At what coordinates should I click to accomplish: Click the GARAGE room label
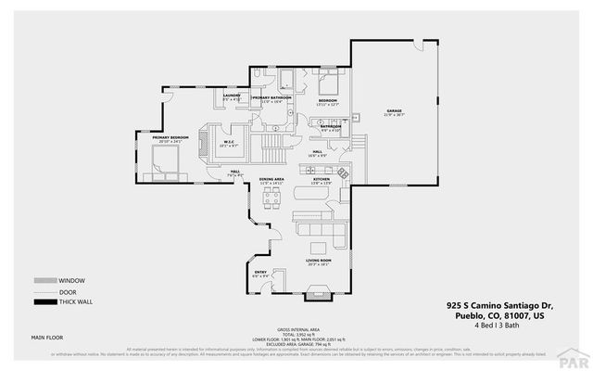coord(394,111)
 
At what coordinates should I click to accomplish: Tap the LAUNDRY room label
coord(232,96)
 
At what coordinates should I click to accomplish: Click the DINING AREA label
coord(271,180)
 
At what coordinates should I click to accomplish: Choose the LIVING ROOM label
coord(319,262)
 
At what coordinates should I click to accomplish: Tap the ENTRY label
coord(260,273)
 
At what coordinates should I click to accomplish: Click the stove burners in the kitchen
coord(343,173)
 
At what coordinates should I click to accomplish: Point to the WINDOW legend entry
coord(70,281)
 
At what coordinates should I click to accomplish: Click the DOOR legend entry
coord(68,292)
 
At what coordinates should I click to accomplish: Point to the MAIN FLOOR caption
coord(49,337)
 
